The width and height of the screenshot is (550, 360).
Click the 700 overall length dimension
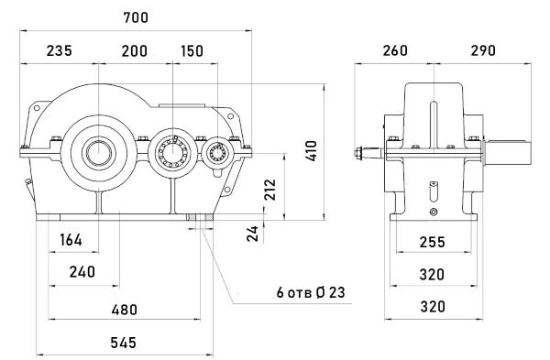coord(136,17)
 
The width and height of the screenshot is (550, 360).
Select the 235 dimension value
coord(60,50)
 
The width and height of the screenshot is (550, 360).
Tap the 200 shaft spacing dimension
coord(135,51)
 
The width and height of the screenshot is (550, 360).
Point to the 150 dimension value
coord(192,51)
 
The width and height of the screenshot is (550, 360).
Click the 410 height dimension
coord(311,151)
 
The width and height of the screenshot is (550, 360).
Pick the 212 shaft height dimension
coord(270,190)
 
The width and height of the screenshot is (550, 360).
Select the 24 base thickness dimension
coord(253,234)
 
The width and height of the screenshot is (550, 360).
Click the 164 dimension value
coord(71,240)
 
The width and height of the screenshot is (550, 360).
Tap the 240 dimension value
coord(82,272)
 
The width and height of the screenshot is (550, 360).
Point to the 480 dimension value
coord(124,310)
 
